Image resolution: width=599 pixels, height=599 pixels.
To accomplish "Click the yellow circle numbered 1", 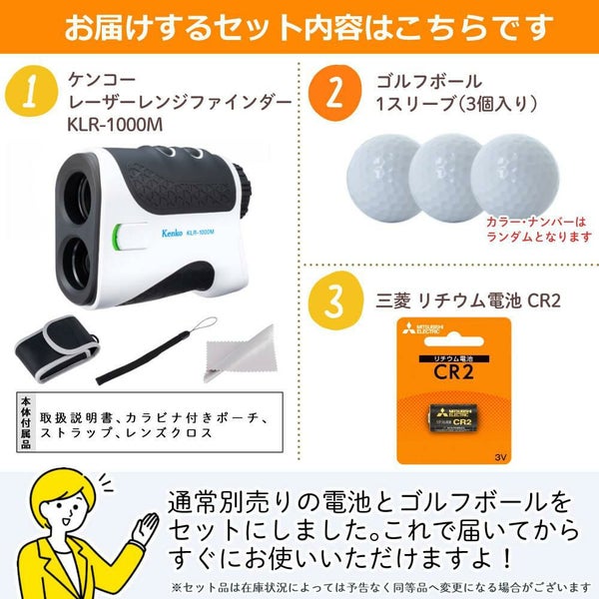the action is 31,91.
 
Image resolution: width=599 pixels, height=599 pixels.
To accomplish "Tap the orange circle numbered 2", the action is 334,93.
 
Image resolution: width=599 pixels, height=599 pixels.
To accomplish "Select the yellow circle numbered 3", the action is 335,300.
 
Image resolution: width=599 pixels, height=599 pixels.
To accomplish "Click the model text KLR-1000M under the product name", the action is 115,125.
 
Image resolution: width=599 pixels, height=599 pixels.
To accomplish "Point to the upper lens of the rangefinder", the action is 78,198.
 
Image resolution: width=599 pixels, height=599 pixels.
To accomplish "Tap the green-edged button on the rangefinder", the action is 130,236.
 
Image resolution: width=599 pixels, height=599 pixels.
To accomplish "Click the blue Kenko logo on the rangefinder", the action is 172,233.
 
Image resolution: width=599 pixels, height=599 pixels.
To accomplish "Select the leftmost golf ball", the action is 382,178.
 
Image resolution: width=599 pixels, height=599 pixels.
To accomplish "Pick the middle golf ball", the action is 445,178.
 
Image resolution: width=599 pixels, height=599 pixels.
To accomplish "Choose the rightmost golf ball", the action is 515,177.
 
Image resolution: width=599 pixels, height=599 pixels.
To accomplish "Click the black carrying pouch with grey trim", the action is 57,348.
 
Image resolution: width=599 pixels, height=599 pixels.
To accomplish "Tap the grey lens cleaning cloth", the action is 241,354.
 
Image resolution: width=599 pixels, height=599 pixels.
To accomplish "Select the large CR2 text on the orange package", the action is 454,371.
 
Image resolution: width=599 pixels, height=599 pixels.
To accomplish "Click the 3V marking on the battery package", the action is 500,457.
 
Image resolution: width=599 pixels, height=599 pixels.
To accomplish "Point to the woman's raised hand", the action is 145,528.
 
